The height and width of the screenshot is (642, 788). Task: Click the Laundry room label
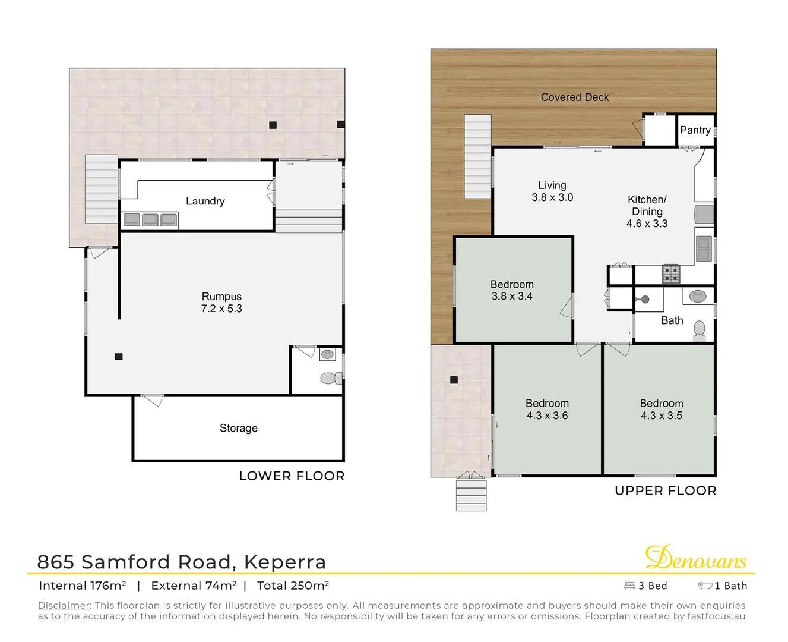(205, 201)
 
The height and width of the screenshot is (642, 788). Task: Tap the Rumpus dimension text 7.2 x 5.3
(221, 309)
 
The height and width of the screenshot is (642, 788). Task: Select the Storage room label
(238, 428)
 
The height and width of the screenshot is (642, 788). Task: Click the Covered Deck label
(574, 97)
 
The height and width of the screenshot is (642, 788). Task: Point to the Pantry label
(695, 130)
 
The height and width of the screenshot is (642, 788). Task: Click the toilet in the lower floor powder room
(330, 377)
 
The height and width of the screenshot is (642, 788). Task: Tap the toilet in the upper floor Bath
(700, 329)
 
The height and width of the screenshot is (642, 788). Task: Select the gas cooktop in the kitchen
(671, 273)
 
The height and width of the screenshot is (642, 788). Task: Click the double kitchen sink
(704, 248)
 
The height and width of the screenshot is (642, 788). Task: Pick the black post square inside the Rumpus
(119, 357)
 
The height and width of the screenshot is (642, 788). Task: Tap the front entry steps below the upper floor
(471, 495)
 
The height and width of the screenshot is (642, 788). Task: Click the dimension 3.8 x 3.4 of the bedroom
(512, 296)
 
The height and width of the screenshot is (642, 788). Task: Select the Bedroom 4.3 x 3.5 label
(661, 410)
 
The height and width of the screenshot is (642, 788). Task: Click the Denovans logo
(695, 558)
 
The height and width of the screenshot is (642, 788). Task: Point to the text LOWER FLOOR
(292, 476)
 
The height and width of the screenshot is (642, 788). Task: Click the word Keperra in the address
(284, 562)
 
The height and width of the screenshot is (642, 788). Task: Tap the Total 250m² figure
(293, 586)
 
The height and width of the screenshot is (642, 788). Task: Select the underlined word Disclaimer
(64, 605)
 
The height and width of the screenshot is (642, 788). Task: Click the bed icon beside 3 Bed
(629, 586)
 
